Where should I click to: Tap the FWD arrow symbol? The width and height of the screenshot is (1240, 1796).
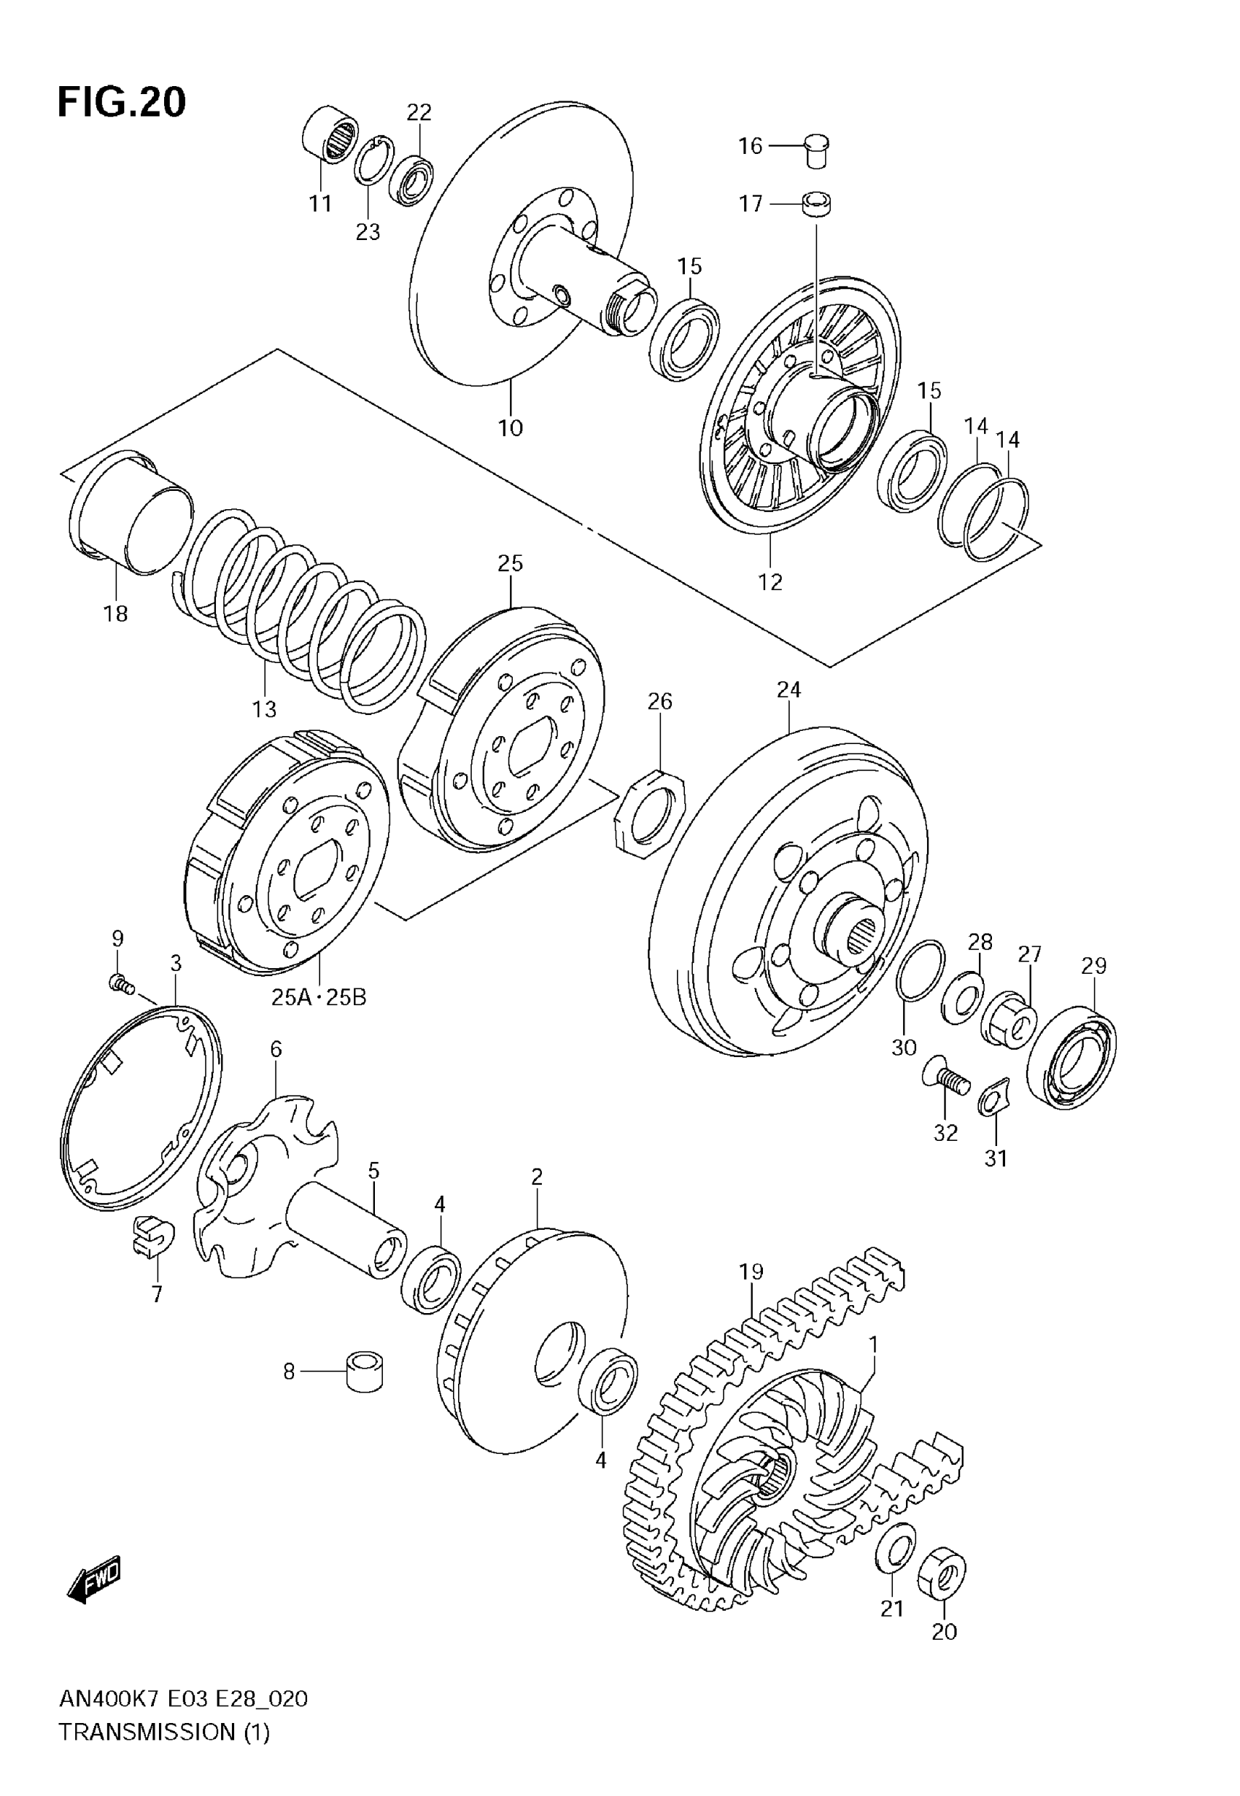(94, 1579)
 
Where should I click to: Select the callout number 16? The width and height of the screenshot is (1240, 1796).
(750, 146)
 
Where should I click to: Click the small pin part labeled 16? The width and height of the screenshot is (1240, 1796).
(815, 150)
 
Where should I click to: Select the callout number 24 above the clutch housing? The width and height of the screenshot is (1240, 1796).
(788, 690)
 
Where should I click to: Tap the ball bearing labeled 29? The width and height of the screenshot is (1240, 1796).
(1072, 1056)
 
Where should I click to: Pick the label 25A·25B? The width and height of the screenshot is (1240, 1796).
(319, 997)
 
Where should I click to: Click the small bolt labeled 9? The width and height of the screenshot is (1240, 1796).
(120, 985)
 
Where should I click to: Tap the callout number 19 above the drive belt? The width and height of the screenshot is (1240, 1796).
(751, 1271)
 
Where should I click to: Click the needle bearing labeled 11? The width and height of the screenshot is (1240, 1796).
(330, 135)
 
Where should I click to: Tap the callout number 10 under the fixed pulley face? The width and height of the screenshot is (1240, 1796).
(511, 427)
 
